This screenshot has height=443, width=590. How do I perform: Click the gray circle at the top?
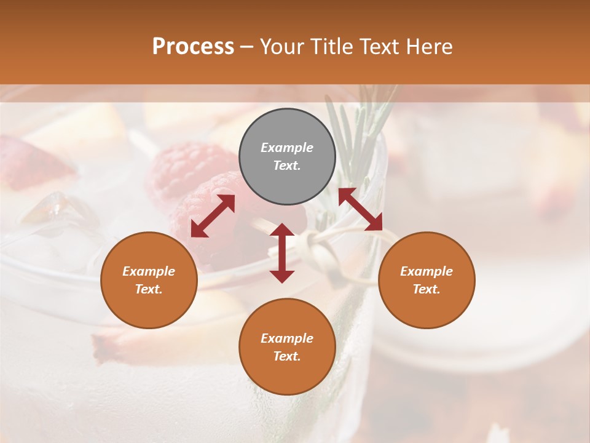[x=287, y=157]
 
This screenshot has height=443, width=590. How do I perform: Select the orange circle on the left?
[x=149, y=280]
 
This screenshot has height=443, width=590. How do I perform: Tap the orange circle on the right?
[x=427, y=280]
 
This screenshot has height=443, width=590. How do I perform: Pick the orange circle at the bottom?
[x=287, y=347]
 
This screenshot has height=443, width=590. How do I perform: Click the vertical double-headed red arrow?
[x=282, y=253]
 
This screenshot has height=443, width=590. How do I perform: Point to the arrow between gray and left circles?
[x=213, y=215]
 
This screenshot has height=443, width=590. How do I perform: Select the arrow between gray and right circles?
[x=360, y=209]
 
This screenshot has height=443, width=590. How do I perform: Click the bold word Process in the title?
[x=193, y=46]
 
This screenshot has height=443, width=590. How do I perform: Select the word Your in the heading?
[x=281, y=46]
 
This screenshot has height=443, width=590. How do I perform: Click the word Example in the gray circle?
[x=287, y=148]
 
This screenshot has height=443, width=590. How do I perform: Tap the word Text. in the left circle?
[x=149, y=289]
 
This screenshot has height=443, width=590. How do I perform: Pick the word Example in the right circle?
[x=427, y=271]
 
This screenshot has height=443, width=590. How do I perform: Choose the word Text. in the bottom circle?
[x=287, y=356]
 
